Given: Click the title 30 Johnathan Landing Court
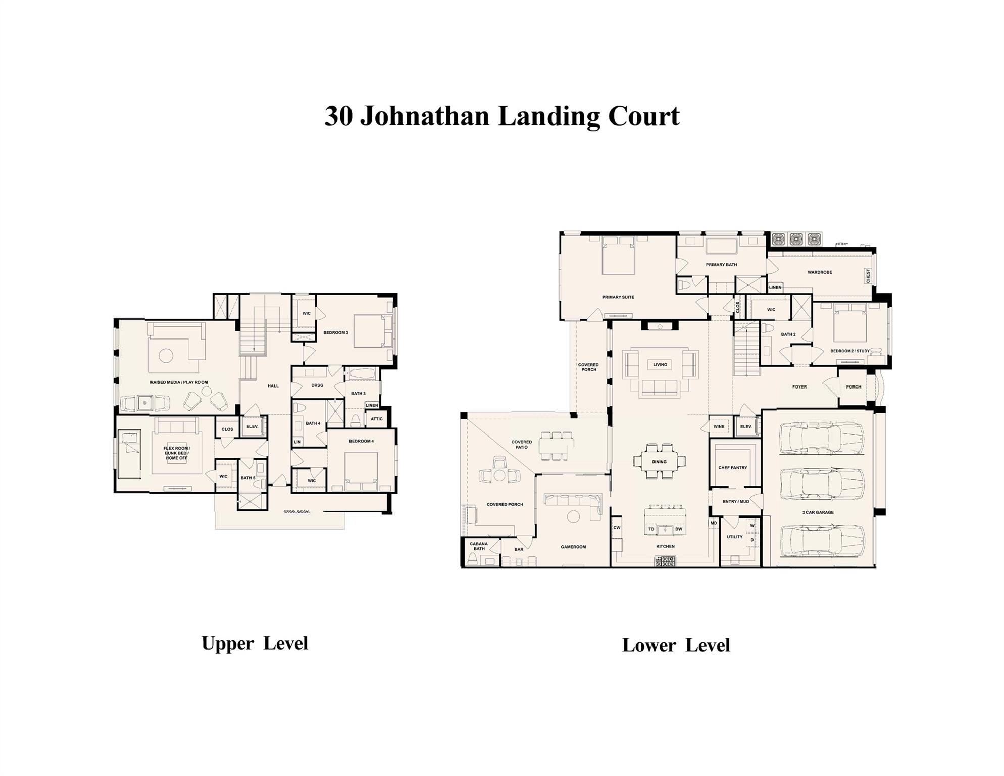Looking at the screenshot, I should tap(501, 116).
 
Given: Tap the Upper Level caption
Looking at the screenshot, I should tap(255, 643).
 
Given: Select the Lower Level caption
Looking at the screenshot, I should tap(676, 645).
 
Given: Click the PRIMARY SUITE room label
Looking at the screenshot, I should tap(618, 297).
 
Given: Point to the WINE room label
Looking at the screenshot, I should tap(719, 426).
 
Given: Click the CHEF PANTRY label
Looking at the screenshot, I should tap(732, 468).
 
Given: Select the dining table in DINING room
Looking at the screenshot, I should tap(659, 462).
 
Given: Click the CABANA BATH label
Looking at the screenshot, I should tap(478, 546).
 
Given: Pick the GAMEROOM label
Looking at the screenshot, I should tap(573, 547).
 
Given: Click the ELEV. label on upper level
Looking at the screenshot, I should tap(253, 426).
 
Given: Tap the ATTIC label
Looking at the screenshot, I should tap(377, 419).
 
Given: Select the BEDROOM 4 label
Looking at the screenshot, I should tap(361, 441).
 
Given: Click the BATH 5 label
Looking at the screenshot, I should tap(247, 478).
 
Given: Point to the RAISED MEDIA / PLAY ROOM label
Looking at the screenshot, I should tap(179, 382).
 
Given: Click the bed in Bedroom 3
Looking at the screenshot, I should tap(373, 331).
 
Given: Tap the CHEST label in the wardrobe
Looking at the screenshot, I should tap(868, 276).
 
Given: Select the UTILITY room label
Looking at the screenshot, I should tap(734, 537).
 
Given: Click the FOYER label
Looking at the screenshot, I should tap(799, 387).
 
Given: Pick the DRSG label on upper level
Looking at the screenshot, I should tap(317, 385).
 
